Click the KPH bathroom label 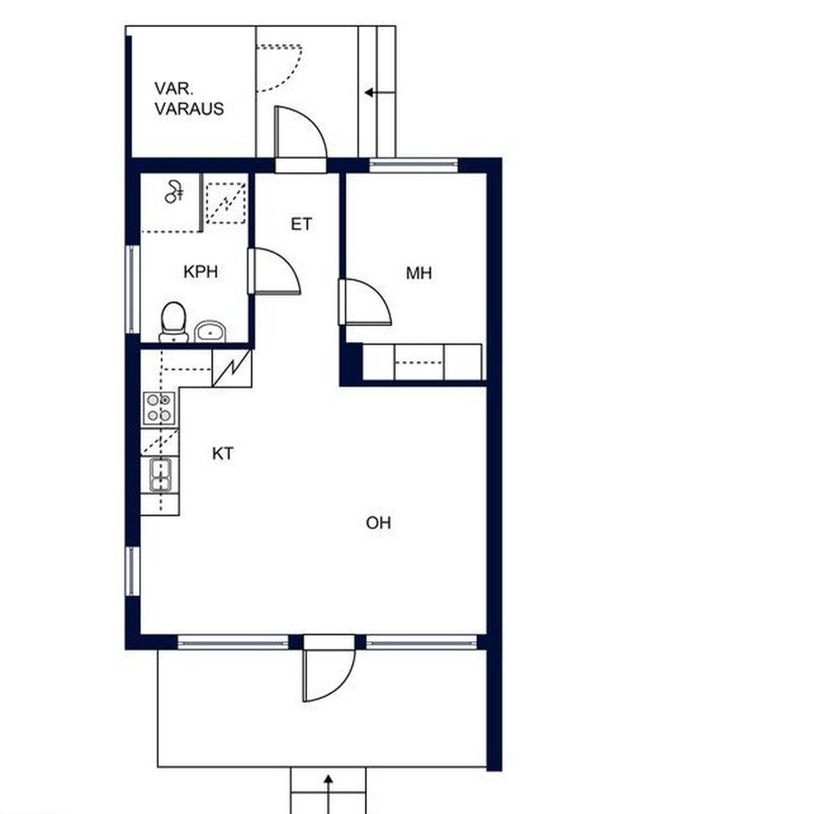coord(201,271)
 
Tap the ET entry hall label coord(301,224)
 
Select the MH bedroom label coord(419,273)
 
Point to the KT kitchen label coord(222,454)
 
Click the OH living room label coord(379,523)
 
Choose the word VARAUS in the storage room coord(189,109)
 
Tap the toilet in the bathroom coord(173,322)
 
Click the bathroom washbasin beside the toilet coord(210,332)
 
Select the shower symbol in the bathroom coord(174,192)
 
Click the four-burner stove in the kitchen coord(159,408)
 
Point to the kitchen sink coord(161,476)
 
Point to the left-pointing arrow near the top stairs coord(380,92)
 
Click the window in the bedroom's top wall coord(414,165)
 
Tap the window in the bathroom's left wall coord(133,289)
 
